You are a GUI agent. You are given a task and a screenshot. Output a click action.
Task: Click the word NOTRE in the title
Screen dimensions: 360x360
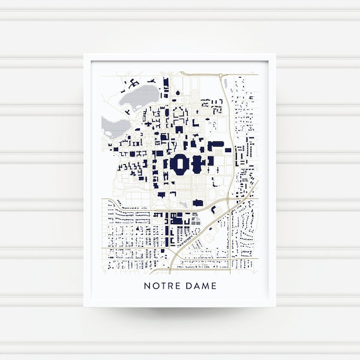click(160, 286)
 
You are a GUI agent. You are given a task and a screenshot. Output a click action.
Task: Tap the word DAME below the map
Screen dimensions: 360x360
click(201, 286)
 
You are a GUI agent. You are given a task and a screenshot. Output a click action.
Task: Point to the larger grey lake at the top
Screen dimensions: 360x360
click(140, 96)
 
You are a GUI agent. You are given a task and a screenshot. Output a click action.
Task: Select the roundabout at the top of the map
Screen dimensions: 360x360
click(222, 76)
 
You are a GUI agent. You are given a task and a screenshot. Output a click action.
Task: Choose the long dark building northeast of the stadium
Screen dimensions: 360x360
click(217, 147)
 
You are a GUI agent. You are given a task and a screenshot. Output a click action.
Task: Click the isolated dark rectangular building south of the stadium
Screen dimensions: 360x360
click(198, 203)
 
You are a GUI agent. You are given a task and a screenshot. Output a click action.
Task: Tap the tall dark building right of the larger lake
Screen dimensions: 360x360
click(165, 88)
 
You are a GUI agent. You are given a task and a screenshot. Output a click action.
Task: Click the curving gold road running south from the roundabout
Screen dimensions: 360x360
click(232, 133)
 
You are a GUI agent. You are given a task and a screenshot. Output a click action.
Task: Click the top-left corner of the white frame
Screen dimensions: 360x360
click(85, 55)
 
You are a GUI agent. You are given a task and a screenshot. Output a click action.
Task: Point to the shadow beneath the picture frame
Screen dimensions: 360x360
click(179, 311)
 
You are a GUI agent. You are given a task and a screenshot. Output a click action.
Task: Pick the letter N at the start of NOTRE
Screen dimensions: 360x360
click(147, 286)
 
